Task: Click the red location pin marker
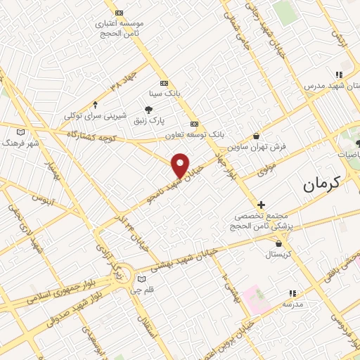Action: point(181,165)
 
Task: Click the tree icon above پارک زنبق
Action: point(148,109)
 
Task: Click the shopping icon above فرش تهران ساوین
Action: point(256,136)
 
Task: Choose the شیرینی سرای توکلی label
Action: point(96,115)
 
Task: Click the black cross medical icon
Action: point(261,203)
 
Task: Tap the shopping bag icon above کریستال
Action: point(280,243)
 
